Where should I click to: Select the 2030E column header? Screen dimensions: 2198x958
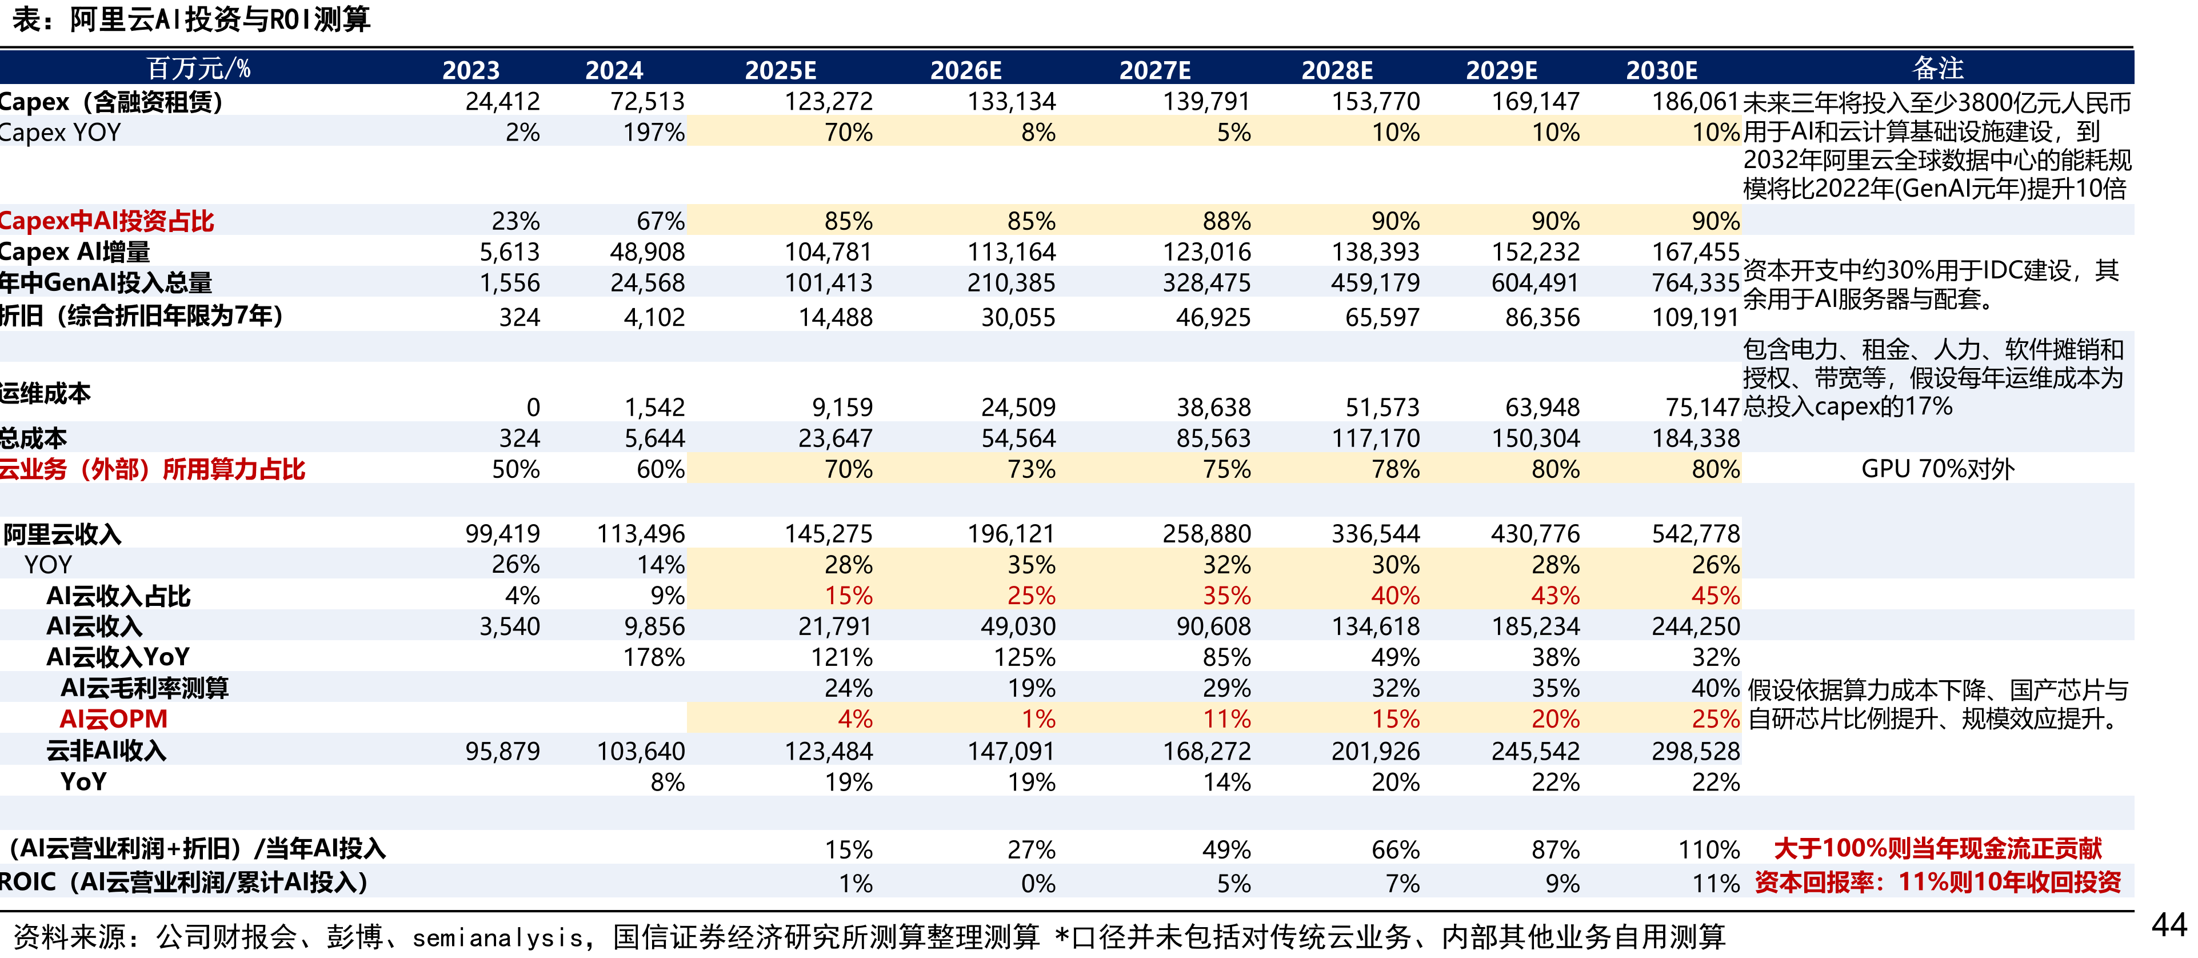(1661, 70)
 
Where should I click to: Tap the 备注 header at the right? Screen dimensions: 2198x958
(1938, 67)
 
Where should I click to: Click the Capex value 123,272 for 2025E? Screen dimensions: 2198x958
(829, 102)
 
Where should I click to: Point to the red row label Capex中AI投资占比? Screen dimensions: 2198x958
(107, 221)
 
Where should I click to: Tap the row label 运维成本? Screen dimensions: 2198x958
(45, 393)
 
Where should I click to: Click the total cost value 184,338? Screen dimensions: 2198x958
(1696, 438)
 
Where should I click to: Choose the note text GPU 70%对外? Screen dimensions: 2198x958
(1938, 468)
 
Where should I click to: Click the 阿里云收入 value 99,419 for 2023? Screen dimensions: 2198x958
(502, 534)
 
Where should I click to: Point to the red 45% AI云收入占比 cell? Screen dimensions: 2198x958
(1715, 596)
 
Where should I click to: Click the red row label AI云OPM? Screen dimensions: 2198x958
(114, 719)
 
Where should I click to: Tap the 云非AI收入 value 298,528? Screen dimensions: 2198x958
(1696, 751)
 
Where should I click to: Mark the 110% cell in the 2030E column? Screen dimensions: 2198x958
(1709, 849)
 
